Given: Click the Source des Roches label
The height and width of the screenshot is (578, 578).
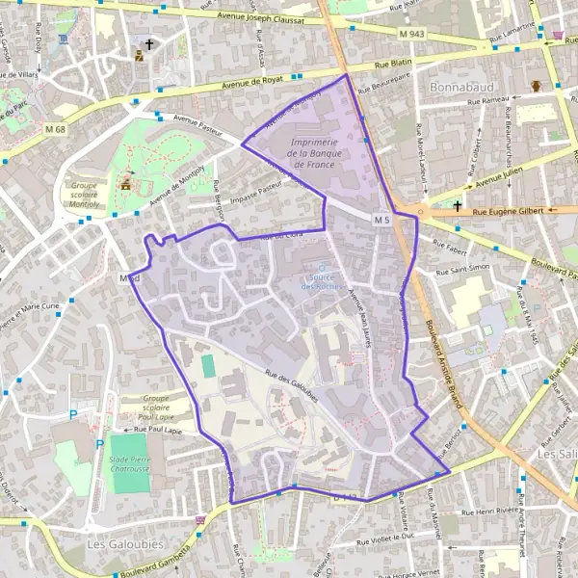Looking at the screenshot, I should (323, 281).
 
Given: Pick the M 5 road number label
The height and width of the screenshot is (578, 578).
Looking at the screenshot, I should (381, 221).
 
